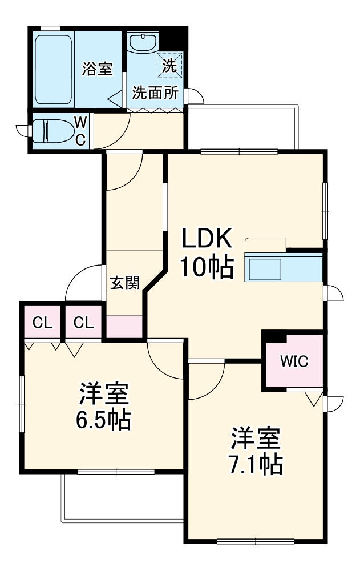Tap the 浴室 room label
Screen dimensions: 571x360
pyautogui.click(x=96, y=68)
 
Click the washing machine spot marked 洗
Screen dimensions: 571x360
pyautogui.click(x=171, y=65)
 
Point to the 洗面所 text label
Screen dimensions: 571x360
pyautogui.click(x=155, y=93)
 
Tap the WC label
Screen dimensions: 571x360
pyautogui.click(x=80, y=130)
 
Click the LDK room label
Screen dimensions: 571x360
pyautogui.click(x=207, y=239)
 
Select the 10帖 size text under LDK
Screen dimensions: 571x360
pyautogui.click(x=207, y=267)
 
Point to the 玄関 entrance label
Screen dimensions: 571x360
pyautogui.click(x=124, y=283)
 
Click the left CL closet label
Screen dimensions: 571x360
pyautogui.click(x=42, y=323)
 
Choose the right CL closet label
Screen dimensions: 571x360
pyautogui.click(x=83, y=323)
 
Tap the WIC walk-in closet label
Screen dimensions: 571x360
pyautogui.click(x=294, y=361)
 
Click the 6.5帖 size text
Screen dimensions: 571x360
pyautogui.click(x=104, y=421)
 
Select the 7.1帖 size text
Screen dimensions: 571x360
pyautogui.click(x=256, y=465)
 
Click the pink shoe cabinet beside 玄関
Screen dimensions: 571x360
pyautogui.click(x=124, y=326)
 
